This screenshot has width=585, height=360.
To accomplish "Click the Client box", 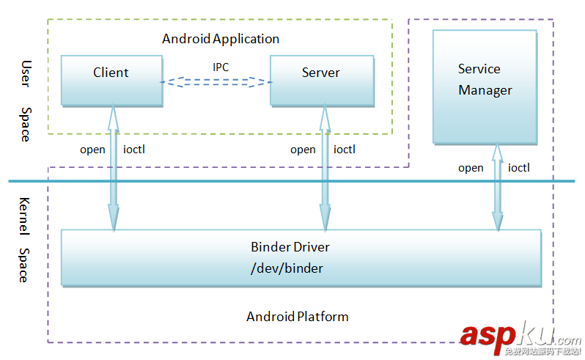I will [x=111, y=79].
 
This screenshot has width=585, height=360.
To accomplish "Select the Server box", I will [x=320, y=79].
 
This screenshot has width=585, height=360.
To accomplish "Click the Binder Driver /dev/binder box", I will [x=301, y=257].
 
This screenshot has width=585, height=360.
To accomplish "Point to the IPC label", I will [x=221, y=67].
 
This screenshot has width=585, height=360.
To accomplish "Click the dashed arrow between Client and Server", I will [x=215, y=81].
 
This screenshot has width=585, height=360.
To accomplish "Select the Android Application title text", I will [x=221, y=38].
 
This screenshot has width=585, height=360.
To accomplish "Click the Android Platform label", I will [x=297, y=317].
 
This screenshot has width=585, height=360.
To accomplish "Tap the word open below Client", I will [x=92, y=150].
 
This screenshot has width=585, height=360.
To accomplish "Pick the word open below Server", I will [x=303, y=150].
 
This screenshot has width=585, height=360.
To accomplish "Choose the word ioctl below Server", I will [x=345, y=150].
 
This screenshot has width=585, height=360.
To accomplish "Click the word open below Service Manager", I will [x=471, y=168].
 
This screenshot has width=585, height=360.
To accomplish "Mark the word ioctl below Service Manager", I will [x=519, y=168].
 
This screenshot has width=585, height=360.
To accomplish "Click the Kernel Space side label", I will [x=24, y=239].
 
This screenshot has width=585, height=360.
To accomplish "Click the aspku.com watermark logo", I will [x=519, y=338].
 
